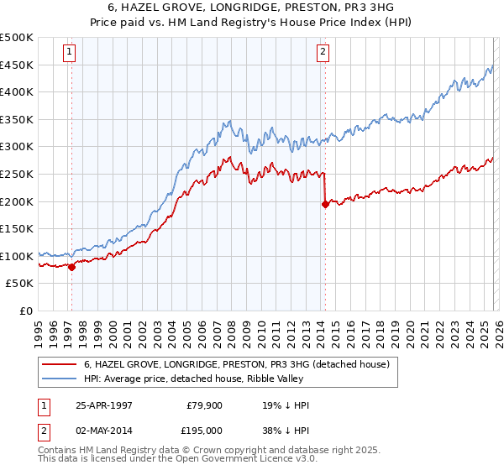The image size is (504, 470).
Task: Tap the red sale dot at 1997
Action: (x=71, y=268)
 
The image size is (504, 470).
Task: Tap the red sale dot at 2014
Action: (x=325, y=204)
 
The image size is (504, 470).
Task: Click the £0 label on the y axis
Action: (x=26, y=311)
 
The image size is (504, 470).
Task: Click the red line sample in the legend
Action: (x=60, y=365)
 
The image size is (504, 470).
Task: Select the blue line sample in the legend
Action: (x=60, y=379)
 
